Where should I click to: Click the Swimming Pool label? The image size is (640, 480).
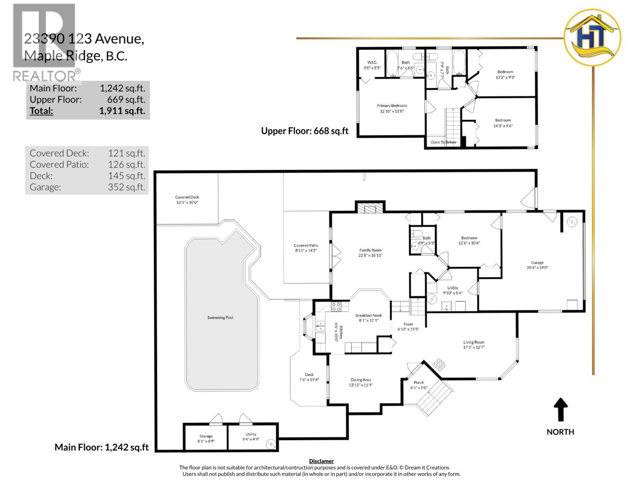click(x=220, y=318)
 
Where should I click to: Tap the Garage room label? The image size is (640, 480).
click(x=537, y=263)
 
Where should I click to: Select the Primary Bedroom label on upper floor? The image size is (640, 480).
click(x=392, y=106)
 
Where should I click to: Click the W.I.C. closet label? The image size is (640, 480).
click(x=372, y=62)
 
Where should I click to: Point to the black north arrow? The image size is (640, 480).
click(x=560, y=409)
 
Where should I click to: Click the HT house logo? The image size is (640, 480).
click(x=592, y=38)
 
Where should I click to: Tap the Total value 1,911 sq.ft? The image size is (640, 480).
click(x=122, y=111)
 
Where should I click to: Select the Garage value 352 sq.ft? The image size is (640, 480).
click(x=126, y=187)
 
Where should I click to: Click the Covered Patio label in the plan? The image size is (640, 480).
click(x=306, y=246)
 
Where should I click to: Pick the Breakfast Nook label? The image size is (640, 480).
click(x=368, y=316)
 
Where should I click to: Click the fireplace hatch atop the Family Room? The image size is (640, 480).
click(x=370, y=208)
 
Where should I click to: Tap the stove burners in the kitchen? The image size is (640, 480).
click(x=336, y=307)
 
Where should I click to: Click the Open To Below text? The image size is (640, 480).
click(x=443, y=142)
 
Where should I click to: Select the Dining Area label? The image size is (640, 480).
click(x=360, y=380)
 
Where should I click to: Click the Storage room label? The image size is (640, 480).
click(x=206, y=436)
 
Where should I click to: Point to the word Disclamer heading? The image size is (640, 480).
click(x=321, y=461)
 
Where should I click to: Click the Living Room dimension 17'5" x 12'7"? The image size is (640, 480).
click(x=474, y=347)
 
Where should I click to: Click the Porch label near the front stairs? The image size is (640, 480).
click(x=418, y=382)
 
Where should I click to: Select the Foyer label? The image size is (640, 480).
click(x=408, y=324)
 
